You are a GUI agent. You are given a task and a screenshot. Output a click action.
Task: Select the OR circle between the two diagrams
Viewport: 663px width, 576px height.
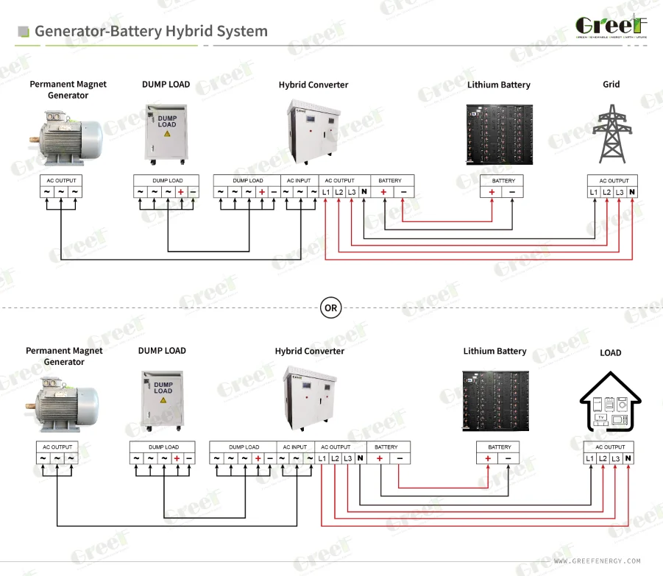[331, 307]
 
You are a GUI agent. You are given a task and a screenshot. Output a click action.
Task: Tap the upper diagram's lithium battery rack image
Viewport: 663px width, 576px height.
[499, 133]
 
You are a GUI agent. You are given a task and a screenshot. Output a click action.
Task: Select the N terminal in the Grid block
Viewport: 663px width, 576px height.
[631, 192]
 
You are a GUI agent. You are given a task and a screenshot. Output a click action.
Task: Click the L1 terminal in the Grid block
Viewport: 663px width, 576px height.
[593, 192]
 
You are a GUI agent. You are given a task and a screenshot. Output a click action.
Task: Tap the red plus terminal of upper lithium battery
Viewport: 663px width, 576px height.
[492, 192]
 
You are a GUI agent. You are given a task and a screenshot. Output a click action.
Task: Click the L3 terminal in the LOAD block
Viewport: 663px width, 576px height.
[615, 458]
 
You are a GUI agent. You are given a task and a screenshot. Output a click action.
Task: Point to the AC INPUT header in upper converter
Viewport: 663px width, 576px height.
[299, 180]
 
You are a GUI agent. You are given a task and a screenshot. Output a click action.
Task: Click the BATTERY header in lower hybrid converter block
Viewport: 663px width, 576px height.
[386, 447]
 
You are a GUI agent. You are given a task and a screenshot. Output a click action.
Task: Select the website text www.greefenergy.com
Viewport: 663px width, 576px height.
[597, 561]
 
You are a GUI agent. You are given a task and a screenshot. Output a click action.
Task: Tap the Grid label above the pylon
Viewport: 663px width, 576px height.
[611, 85]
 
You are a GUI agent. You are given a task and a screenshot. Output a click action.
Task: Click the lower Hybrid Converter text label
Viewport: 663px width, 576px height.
[309, 351]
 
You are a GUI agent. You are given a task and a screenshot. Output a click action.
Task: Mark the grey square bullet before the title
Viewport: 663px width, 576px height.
[24, 32]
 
